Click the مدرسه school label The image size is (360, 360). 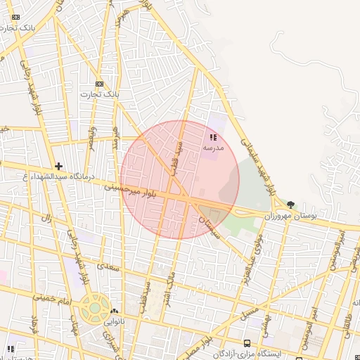point(213,148)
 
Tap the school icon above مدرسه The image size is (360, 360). point(213,138)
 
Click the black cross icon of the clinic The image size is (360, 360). point(59,166)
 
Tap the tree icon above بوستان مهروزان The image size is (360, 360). point(291,205)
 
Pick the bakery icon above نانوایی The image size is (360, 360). point(114,311)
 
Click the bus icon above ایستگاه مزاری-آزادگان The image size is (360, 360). point(247,343)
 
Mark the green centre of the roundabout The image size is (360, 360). point(94,308)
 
